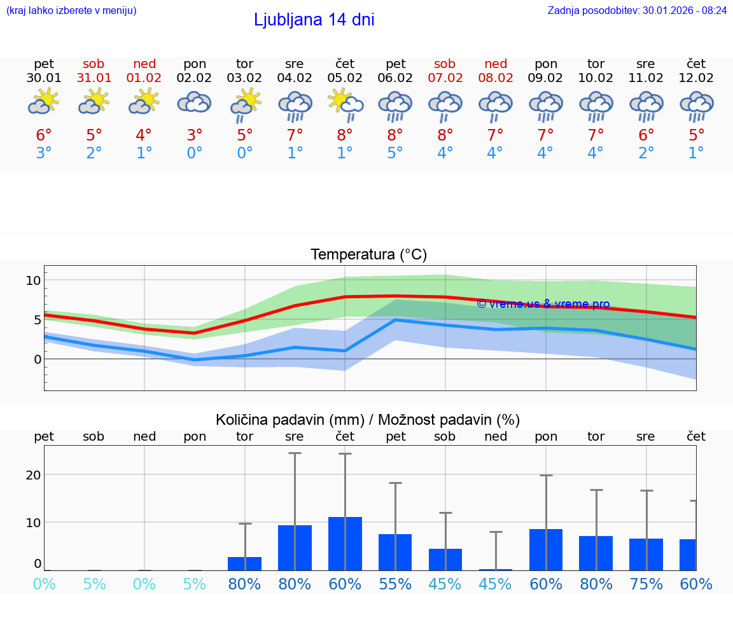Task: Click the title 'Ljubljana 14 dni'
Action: click(314, 20)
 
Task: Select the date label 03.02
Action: click(244, 78)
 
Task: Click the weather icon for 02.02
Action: click(194, 102)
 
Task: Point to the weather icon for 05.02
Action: click(345, 104)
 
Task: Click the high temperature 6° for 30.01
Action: click(44, 135)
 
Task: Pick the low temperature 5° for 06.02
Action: click(395, 153)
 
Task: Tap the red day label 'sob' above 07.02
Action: click(445, 64)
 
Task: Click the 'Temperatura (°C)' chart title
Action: click(368, 255)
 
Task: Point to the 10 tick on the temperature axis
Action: click(33, 280)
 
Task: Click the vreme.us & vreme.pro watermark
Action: click(543, 304)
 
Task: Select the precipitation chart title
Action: click(368, 420)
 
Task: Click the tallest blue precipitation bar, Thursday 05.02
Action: click(345, 544)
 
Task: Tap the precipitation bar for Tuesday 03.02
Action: click(244, 563)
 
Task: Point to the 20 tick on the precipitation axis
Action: click(33, 475)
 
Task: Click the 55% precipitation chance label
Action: click(395, 584)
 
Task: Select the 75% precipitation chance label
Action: click(646, 584)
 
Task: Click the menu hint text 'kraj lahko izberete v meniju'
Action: click(71, 10)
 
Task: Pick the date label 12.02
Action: click(696, 78)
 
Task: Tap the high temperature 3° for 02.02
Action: click(194, 135)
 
